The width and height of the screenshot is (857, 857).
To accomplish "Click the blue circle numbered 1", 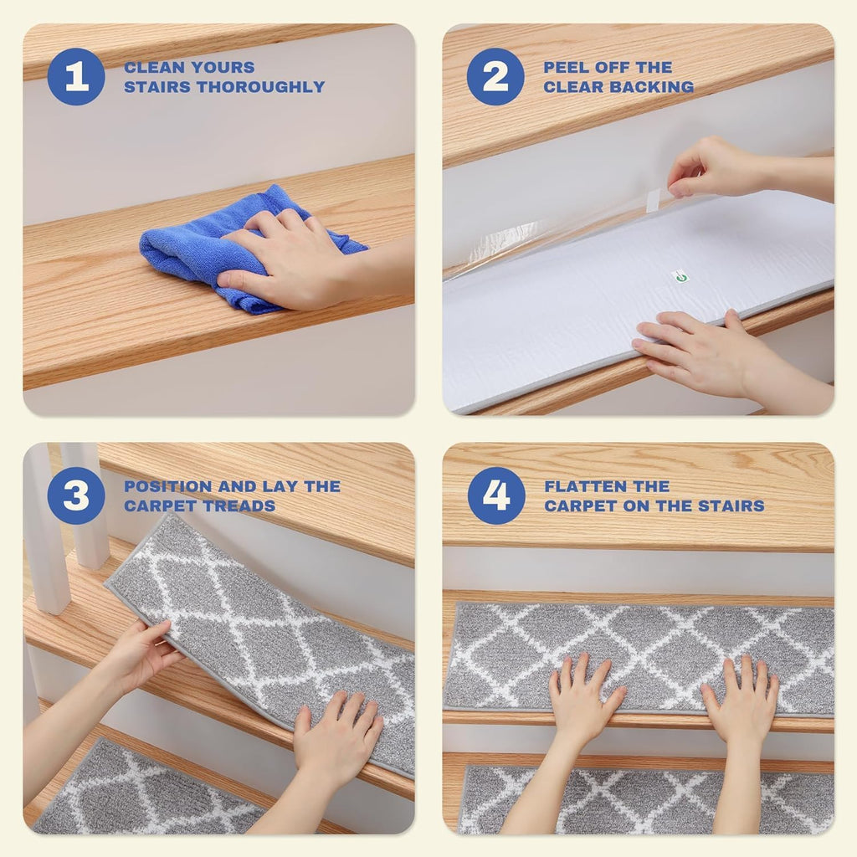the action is coord(76,76).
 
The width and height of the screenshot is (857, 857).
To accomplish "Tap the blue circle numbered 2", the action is coord(495,76).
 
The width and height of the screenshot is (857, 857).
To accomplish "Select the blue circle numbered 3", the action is coord(76,495).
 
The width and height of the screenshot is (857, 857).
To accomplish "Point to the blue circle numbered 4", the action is coord(496,495).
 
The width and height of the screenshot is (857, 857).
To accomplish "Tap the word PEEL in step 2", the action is coord(567,67).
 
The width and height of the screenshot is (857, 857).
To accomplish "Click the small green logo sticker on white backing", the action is coord(680,276).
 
